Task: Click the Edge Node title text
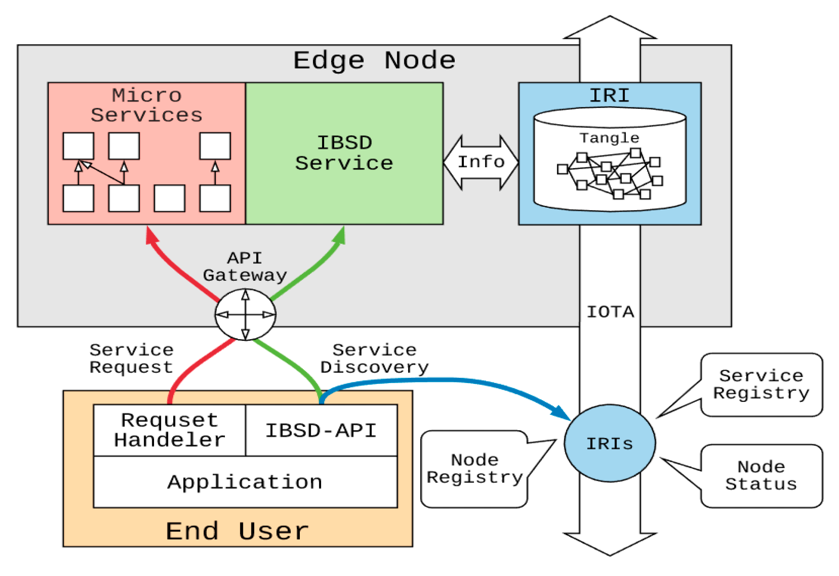tap(374, 60)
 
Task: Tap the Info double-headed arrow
tap(481, 162)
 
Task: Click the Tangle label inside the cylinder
tap(609, 138)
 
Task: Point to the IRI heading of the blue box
tap(609, 95)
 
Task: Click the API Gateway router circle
tap(245, 314)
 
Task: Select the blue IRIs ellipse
tap(610, 443)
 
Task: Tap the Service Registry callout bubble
tap(761, 384)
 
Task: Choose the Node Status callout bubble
tap(761, 475)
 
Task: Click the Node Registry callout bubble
tap(474, 469)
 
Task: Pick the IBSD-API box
tap(321, 431)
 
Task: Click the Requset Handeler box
tap(170, 430)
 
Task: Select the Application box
tap(245, 482)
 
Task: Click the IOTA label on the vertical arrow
tap(610, 312)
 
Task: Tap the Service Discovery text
tap(374, 359)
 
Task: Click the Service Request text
tap(131, 359)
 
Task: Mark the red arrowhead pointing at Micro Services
tap(151, 236)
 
